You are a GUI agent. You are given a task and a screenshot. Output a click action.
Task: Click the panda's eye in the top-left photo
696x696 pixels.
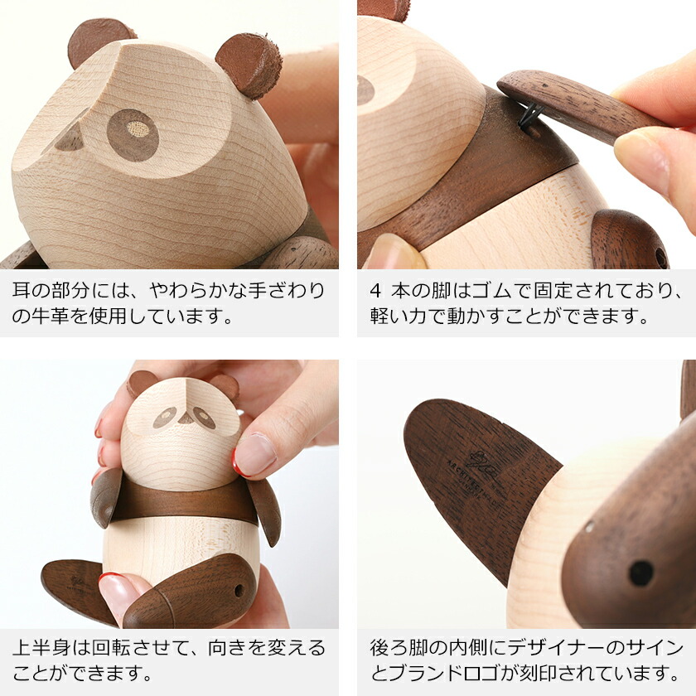pos(133,133)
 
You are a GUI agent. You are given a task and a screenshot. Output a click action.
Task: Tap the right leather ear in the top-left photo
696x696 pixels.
pos(249,65)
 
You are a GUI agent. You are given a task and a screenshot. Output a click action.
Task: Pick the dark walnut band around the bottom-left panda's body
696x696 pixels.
pos(182,500)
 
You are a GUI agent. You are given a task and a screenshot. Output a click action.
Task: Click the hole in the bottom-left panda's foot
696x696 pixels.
pos(239,591)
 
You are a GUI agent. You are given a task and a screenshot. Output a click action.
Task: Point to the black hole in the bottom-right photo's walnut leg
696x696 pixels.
pos(640,573)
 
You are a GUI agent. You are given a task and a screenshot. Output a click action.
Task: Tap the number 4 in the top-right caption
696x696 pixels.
pos(375,292)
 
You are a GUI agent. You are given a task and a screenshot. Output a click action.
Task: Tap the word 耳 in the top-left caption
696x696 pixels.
pos(24,292)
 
